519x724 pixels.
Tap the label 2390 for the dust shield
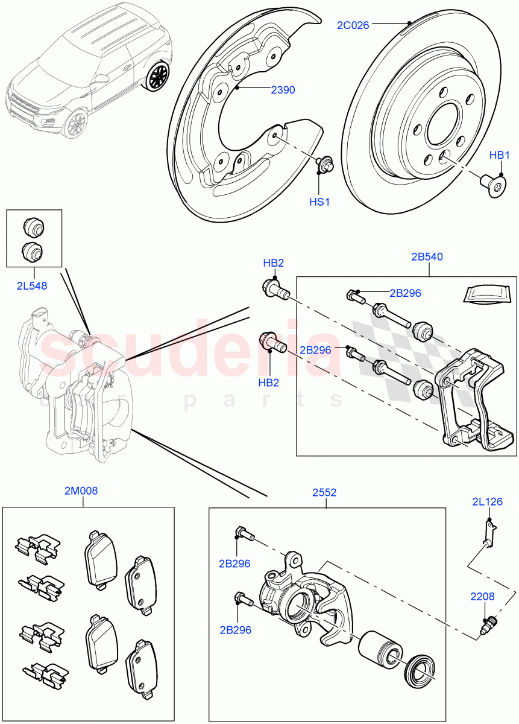tap(283, 90)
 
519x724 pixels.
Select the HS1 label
tap(319, 202)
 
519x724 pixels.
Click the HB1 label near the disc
tap(499, 156)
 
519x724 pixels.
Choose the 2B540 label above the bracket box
tap(427, 256)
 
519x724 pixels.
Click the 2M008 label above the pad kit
tap(81, 491)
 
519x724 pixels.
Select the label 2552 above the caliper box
tap(324, 492)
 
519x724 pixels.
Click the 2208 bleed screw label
tap(483, 597)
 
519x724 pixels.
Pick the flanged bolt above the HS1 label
tap(325, 163)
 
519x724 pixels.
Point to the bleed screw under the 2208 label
tap(488, 623)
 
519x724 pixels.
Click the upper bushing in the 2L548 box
tap(33, 227)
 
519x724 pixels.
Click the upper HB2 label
tap(273, 263)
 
